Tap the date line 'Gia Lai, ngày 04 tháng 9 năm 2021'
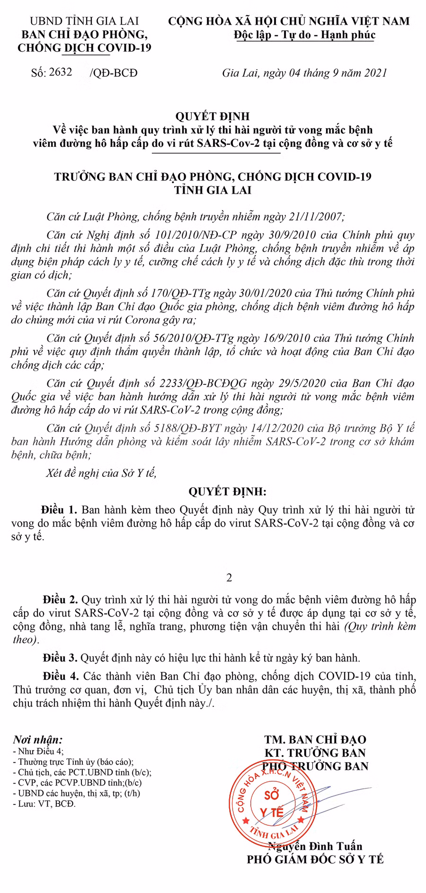tap(304, 73)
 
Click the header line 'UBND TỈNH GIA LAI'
tap(84, 21)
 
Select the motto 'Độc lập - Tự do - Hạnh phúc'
tap(305, 35)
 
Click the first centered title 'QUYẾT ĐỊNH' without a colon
tap(213, 116)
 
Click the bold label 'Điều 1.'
tap(59, 510)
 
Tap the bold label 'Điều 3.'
tap(60, 658)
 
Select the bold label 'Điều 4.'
tap(61, 675)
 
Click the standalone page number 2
tap(229, 578)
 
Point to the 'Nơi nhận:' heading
tap(37, 740)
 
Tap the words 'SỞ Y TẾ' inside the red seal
tap(271, 802)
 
